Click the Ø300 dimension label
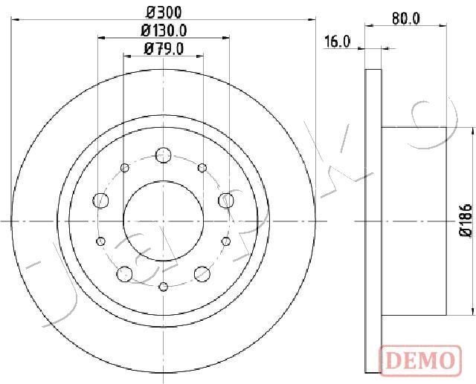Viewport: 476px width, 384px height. pyautogui.click(x=164, y=13)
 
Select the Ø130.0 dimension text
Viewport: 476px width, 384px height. pyautogui.click(x=164, y=30)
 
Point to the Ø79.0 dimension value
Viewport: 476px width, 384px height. pyautogui.click(x=164, y=49)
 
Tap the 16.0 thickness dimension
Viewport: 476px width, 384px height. pyautogui.click(x=337, y=42)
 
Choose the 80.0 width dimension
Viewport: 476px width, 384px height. pyautogui.click(x=405, y=19)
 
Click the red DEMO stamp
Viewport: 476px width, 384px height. pyautogui.click(x=420, y=361)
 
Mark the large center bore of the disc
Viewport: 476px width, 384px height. pyautogui.click(x=164, y=221)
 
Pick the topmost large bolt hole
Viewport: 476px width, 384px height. pyautogui.click(x=164, y=155)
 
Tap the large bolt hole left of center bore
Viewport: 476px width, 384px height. pyautogui.click(x=100, y=201)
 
